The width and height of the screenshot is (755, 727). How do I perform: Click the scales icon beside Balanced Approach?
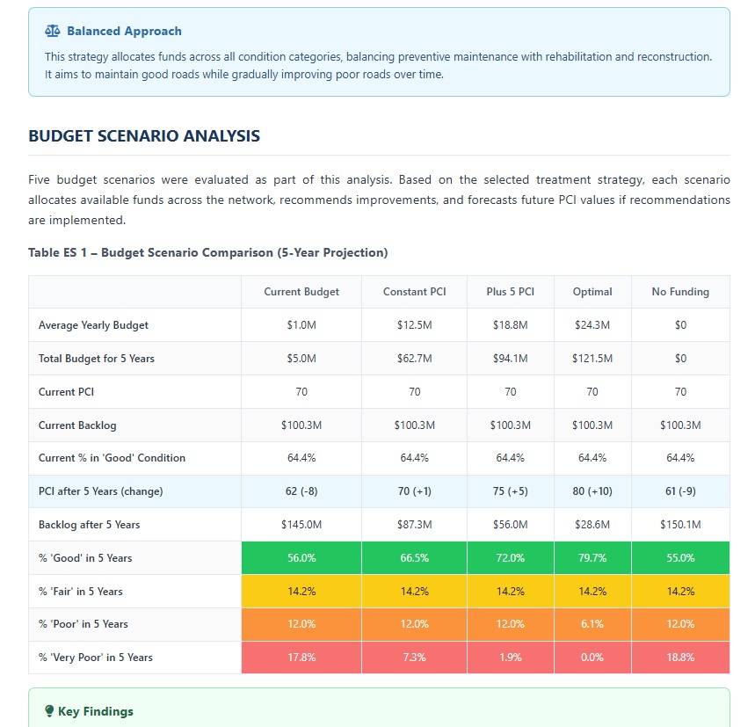(x=53, y=32)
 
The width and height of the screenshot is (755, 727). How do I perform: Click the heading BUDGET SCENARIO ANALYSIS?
(x=144, y=136)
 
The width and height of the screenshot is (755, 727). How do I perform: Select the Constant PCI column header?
(x=414, y=292)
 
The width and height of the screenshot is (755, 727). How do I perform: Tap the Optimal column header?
(x=592, y=292)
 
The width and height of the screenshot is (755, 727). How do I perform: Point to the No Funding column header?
(x=680, y=292)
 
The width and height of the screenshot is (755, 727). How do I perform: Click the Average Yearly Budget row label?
(x=93, y=325)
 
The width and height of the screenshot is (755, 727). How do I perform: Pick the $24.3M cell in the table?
(x=592, y=325)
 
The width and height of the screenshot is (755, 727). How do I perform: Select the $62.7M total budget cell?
(x=414, y=359)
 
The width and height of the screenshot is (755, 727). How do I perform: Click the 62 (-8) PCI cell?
(x=301, y=491)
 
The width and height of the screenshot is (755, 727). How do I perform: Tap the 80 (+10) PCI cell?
(x=592, y=491)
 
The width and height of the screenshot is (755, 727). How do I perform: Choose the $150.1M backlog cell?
(x=680, y=525)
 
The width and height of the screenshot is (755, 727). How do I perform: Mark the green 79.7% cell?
(x=592, y=558)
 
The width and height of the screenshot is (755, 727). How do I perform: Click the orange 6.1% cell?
(x=592, y=624)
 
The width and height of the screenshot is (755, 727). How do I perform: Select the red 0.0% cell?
(x=592, y=658)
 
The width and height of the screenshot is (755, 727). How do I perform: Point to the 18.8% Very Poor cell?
(x=680, y=658)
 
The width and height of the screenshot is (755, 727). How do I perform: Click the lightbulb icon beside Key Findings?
(x=49, y=711)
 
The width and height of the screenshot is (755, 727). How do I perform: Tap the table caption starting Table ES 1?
(x=207, y=253)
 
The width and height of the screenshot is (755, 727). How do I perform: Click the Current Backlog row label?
(x=77, y=425)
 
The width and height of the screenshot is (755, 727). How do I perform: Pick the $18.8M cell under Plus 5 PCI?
(x=510, y=325)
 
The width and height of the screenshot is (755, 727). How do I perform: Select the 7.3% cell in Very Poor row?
(x=414, y=658)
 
